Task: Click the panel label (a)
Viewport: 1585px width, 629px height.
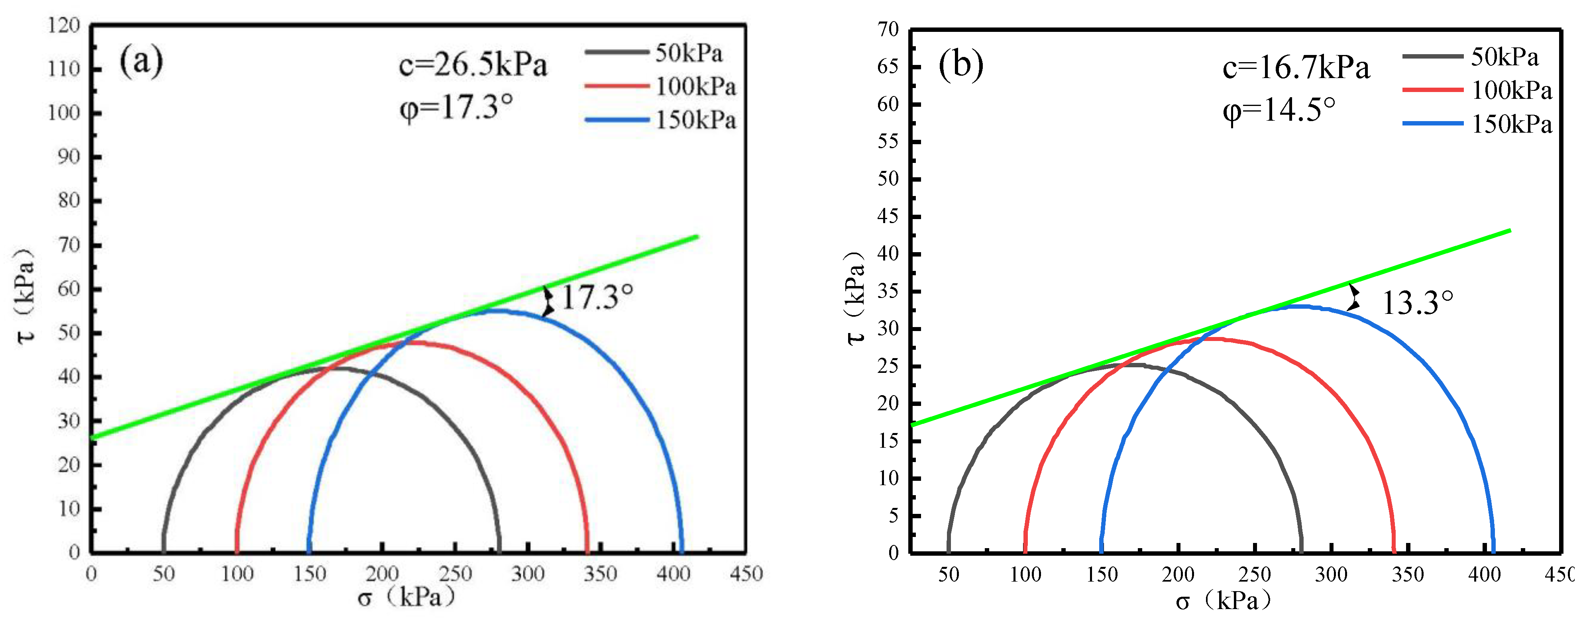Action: click(141, 61)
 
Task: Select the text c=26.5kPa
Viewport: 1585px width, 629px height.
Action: click(473, 65)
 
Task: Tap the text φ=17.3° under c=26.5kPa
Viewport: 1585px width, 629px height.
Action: click(456, 107)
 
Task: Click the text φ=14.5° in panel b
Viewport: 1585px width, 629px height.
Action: click(1279, 111)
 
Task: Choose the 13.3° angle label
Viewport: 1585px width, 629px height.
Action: click(1417, 302)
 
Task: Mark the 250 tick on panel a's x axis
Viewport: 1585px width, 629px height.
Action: click(455, 574)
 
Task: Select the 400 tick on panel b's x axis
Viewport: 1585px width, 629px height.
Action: click(1484, 574)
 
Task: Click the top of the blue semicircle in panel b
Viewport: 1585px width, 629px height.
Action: click(1297, 306)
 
